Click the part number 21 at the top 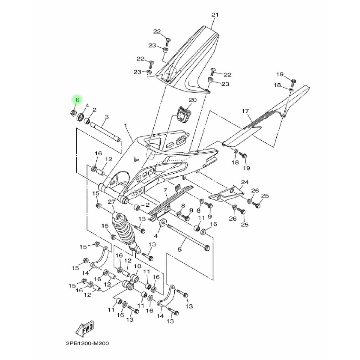point(215,15)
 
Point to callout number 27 point(112,202)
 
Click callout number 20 point(193,100)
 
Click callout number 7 point(165,190)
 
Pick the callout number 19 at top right point(279,74)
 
